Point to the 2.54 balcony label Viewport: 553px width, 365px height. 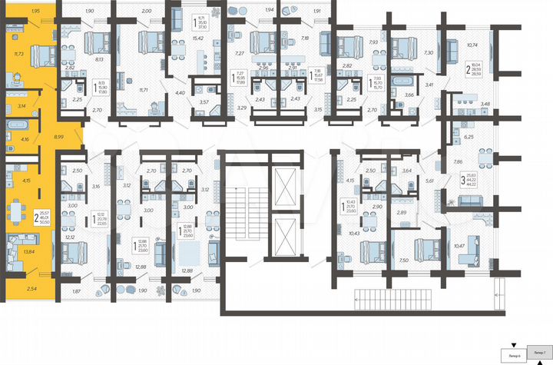[x=30, y=289]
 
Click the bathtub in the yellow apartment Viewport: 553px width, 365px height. [x=17, y=124]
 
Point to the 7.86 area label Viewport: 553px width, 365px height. [x=458, y=162]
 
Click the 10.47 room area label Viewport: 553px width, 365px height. [x=460, y=245]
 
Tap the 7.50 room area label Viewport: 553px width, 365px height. [x=405, y=261]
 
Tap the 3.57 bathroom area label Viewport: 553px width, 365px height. [x=204, y=101]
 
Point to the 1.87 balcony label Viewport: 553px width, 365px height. [x=76, y=291]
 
